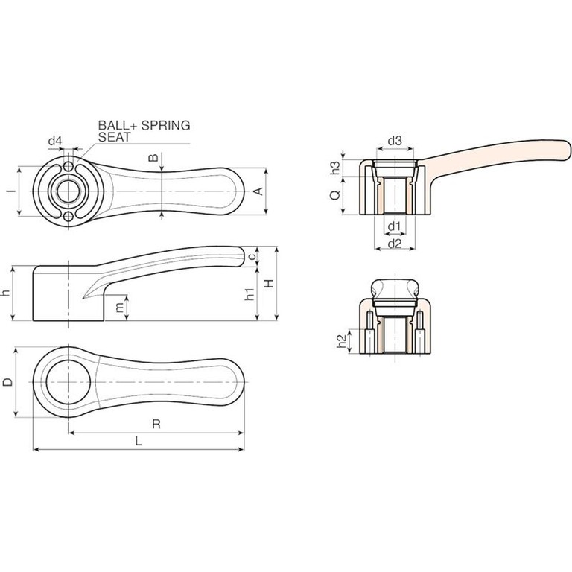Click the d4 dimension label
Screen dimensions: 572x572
(x=55, y=141)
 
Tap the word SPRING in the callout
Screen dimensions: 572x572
(x=165, y=125)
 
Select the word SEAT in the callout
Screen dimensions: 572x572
(x=114, y=137)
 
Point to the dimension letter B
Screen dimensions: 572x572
(x=154, y=158)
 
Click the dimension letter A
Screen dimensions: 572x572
(x=258, y=191)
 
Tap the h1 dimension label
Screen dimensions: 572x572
(x=250, y=294)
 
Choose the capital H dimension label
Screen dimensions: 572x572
(x=269, y=284)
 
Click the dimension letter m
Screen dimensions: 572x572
(x=119, y=308)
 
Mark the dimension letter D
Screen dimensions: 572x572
(x=7, y=382)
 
